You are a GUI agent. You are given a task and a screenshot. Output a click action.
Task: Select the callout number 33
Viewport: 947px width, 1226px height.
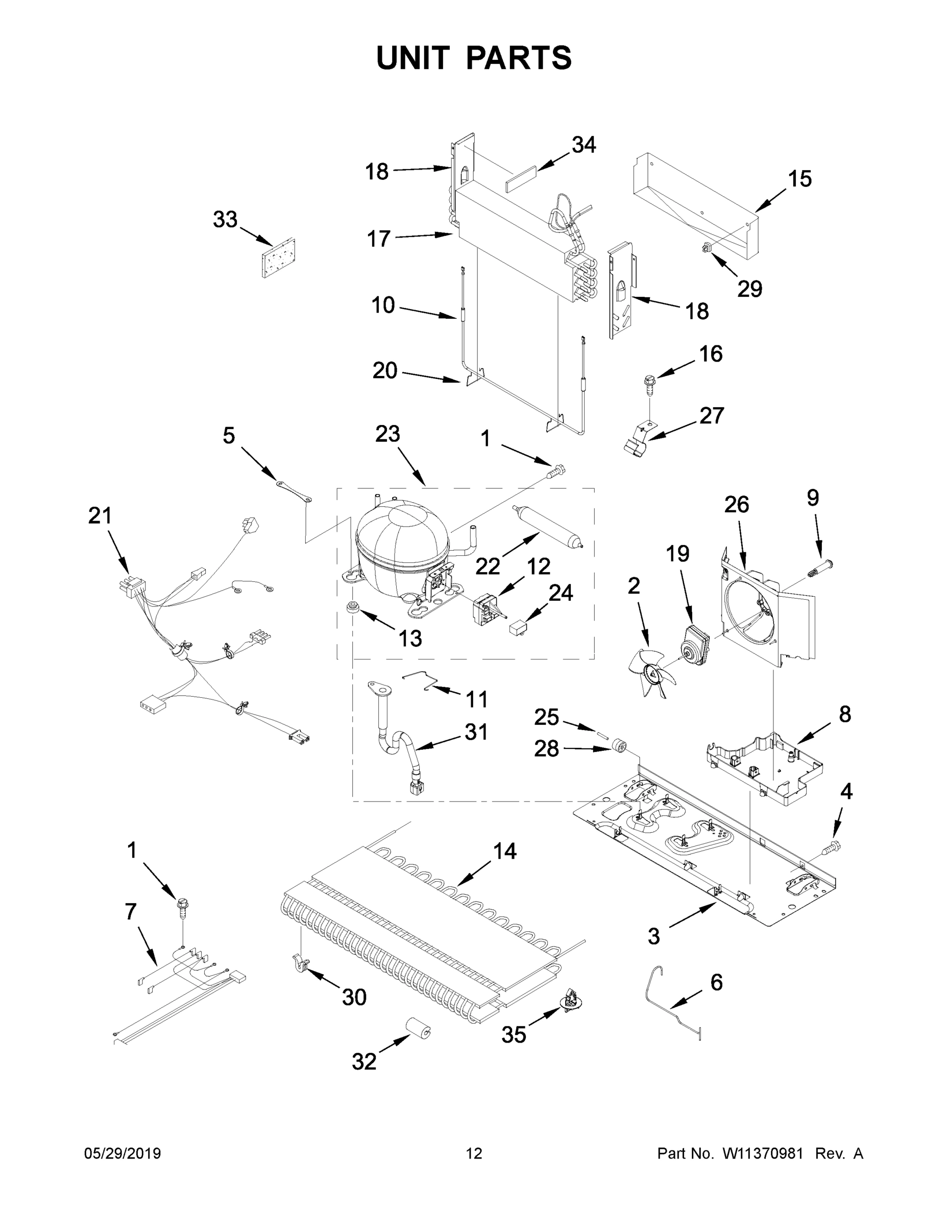pos(225,220)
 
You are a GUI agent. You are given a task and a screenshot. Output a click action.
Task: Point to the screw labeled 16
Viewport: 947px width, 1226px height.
pos(650,384)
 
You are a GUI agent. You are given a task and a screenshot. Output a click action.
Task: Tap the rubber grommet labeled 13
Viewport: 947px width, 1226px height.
pos(354,607)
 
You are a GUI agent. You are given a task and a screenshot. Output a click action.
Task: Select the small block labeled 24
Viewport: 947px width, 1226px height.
pos(516,626)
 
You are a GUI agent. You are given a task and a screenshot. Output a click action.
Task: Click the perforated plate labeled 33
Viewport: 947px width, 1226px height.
pos(278,257)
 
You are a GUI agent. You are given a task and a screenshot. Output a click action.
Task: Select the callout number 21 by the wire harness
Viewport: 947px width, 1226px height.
pos(100,515)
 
